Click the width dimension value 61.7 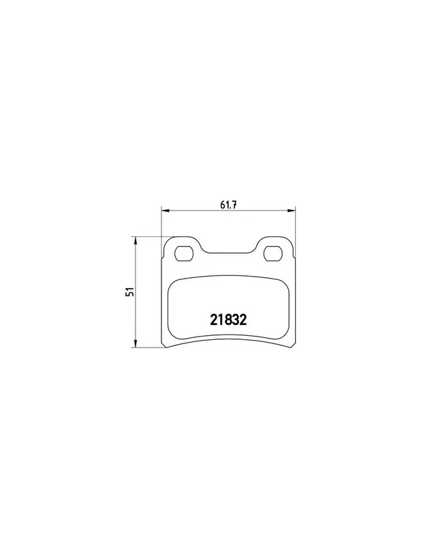pyautogui.click(x=228, y=205)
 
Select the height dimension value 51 pyautogui.click(x=131, y=292)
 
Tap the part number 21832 pyautogui.click(x=228, y=320)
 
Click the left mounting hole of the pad pyautogui.click(x=183, y=253)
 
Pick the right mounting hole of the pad pyautogui.click(x=273, y=253)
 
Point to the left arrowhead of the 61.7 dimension pyautogui.click(x=165, y=211)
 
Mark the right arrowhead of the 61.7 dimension pyautogui.click(x=292, y=211)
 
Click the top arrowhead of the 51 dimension pyautogui.click(x=136, y=240)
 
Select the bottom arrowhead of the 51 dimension pyautogui.click(x=136, y=344)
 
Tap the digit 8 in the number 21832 pyautogui.click(x=228, y=320)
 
